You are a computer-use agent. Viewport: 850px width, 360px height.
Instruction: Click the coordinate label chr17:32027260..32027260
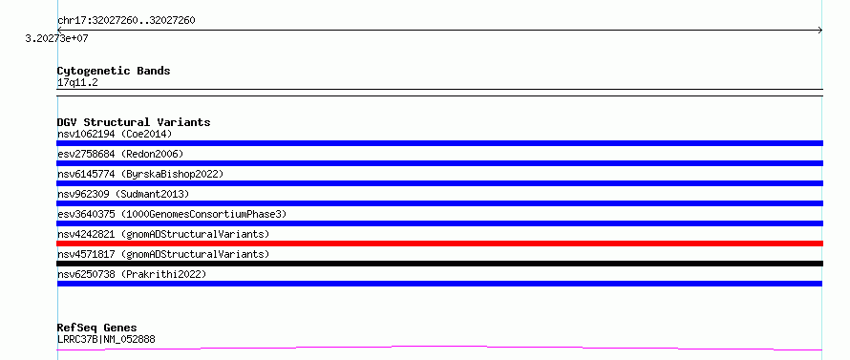click(x=126, y=21)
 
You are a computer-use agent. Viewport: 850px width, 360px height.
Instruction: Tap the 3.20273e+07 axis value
click(x=57, y=38)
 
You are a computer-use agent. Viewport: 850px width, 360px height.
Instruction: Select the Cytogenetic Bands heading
click(x=114, y=71)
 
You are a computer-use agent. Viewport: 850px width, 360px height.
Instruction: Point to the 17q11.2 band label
click(x=77, y=83)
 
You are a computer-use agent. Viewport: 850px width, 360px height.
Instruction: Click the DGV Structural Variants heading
click(x=134, y=122)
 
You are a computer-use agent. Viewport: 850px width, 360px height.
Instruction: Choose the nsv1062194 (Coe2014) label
click(x=115, y=134)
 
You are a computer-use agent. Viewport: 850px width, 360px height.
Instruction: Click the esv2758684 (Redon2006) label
click(x=120, y=154)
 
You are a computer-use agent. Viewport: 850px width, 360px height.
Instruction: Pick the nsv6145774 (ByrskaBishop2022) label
click(x=140, y=174)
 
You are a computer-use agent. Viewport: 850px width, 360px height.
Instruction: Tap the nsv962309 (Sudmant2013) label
click(x=123, y=194)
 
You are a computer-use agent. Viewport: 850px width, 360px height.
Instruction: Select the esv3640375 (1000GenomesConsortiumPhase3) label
click(x=172, y=214)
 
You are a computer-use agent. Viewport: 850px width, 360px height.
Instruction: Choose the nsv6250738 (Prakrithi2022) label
click(x=132, y=274)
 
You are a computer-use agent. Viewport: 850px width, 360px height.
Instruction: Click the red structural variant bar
click(x=439, y=244)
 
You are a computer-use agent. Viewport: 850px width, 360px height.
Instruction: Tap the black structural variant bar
click(x=439, y=264)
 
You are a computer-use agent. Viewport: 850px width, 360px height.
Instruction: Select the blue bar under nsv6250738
click(x=439, y=284)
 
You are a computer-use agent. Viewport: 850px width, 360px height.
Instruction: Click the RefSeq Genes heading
click(x=97, y=328)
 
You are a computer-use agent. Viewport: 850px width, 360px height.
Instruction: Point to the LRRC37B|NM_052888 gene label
click(x=106, y=340)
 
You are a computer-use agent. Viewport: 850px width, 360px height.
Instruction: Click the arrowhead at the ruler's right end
click(x=820, y=31)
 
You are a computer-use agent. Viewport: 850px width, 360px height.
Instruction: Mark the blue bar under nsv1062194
click(x=439, y=143)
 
